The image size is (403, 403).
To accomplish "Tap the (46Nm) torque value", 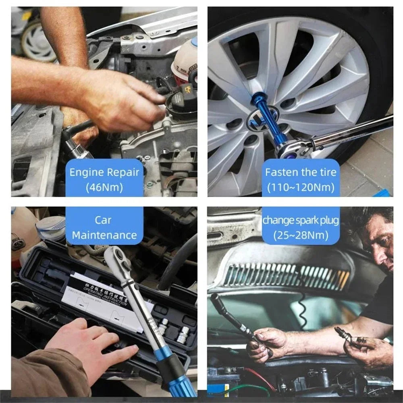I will (104, 187).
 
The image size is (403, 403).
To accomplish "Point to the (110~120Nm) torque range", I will (300, 187).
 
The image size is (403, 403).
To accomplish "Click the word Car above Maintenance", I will (104, 220).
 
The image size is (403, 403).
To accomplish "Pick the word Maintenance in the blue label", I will (104, 235).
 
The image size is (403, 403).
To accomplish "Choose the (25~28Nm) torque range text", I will (300, 235).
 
